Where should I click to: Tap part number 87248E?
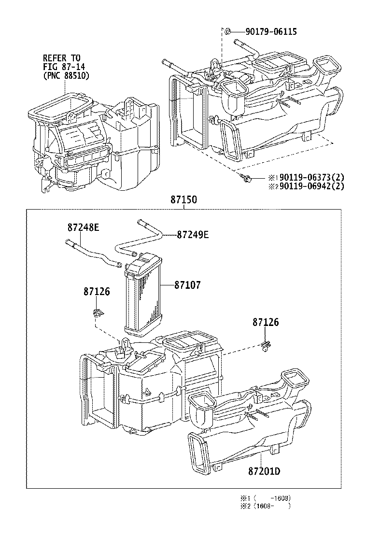coord(83,227)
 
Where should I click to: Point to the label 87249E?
coord(192,235)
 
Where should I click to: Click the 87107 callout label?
coord(186,285)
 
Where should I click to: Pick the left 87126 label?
coord(97,292)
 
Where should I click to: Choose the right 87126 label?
coord(265,323)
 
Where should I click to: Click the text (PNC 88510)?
coord(66,76)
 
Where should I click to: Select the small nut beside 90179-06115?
coord(227,32)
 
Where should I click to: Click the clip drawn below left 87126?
coord(98,311)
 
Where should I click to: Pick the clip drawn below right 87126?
coord(265,345)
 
